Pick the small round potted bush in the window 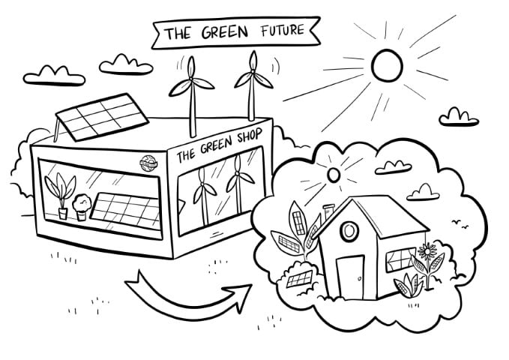(82, 205)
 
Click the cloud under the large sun (460, 115)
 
